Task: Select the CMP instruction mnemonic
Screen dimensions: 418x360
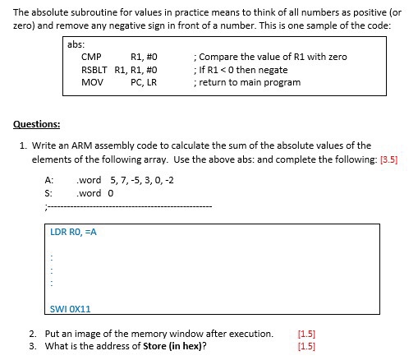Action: pyautogui.click(x=91, y=57)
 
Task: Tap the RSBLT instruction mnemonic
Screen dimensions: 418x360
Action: pyautogui.click(x=95, y=69)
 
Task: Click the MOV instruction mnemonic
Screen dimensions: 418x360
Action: pyautogui.click(x=92, y=82)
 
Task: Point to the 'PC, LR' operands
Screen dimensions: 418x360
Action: pyautogui.click(x=143, y=82)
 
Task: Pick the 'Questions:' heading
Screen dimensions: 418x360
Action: pyautogui.click(x=37, y=126)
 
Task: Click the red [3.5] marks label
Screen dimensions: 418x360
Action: pyautogui.click(x=388, y=160)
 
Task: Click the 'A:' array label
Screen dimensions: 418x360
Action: pyautogui.click(x=48, y=179)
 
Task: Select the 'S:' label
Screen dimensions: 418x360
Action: pyautogui.click(x=48, y=193)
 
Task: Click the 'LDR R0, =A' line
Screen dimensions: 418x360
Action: pyautogui.click(x=74, y=232)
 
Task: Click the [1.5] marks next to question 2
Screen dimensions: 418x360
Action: pyautogui.click(x=306, y=334)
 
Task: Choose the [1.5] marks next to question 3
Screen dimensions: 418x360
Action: pyautogui.click(x=306, y=345)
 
